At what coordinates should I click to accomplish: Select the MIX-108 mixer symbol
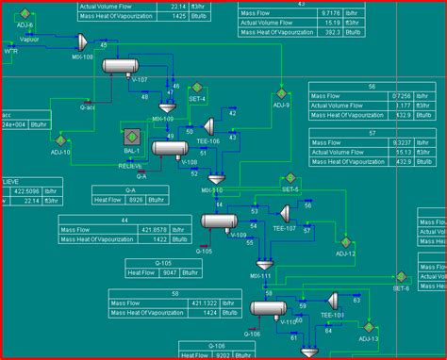point(82,41)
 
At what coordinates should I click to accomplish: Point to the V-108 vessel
point(170,148)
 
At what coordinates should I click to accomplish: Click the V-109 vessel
point(220,223)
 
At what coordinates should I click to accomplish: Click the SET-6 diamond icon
point(400,276)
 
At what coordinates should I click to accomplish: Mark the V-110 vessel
point(269,308)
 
